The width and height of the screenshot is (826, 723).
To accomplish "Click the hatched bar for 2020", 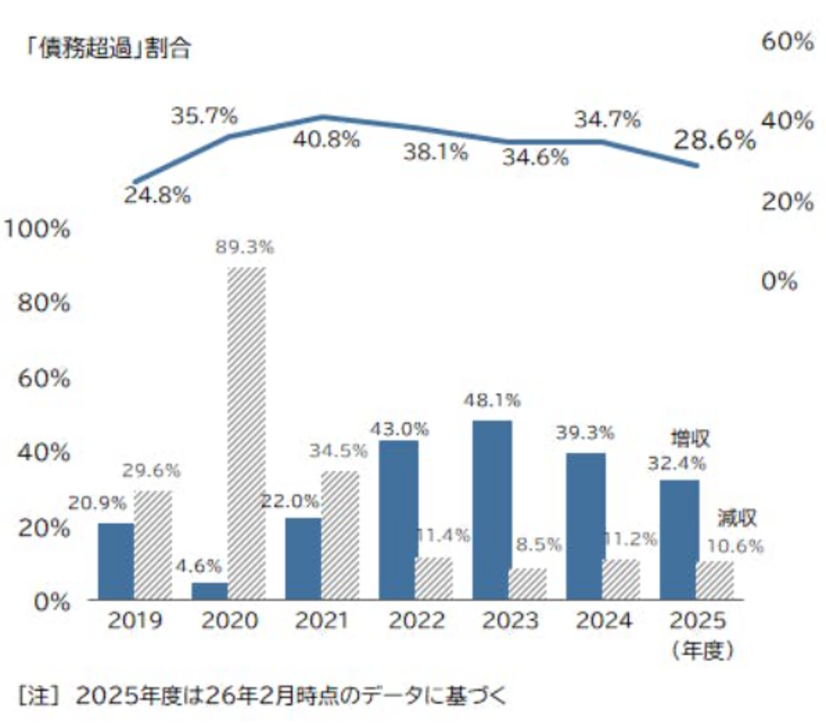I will click(247, 433).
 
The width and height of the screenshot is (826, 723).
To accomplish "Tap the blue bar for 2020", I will click(210, 591).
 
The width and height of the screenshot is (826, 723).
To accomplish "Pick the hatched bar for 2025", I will click(715, 581).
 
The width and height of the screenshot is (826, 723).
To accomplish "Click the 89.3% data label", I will click(245, 248).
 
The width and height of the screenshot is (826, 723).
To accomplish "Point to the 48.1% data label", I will click(492, 400).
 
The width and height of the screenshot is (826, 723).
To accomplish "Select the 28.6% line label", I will click(714, 140).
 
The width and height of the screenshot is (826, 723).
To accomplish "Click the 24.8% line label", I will click(157, 196).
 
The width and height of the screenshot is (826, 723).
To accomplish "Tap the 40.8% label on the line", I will click(326, 139).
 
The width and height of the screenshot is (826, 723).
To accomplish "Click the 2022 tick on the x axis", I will click(417, 620).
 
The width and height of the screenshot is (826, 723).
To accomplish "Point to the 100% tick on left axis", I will click(37, 229).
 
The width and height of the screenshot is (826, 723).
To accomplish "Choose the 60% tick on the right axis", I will click(787, 41).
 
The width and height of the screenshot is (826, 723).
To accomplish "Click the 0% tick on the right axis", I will click(780, 281).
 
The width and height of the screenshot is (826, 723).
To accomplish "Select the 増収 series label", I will click(690, 439).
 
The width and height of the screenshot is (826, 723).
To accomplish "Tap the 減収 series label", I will click(737, 518).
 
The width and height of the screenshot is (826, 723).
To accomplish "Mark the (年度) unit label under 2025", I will click(703, 651).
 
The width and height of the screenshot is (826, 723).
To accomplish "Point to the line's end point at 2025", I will click(696, 165).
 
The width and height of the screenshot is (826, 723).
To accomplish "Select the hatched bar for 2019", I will click(153, 545).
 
